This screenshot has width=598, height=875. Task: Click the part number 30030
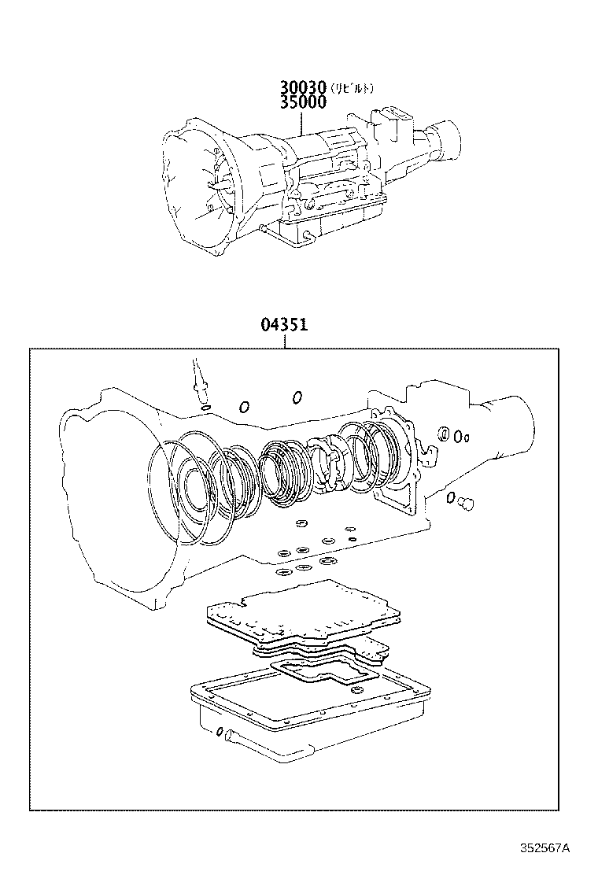pos(301,87)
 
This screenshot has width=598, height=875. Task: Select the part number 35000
pos(301,102)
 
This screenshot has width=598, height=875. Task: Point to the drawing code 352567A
pos(544,847)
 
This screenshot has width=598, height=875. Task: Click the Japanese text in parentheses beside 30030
pos(351,87)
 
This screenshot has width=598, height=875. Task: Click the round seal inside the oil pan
pos(358,690)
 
